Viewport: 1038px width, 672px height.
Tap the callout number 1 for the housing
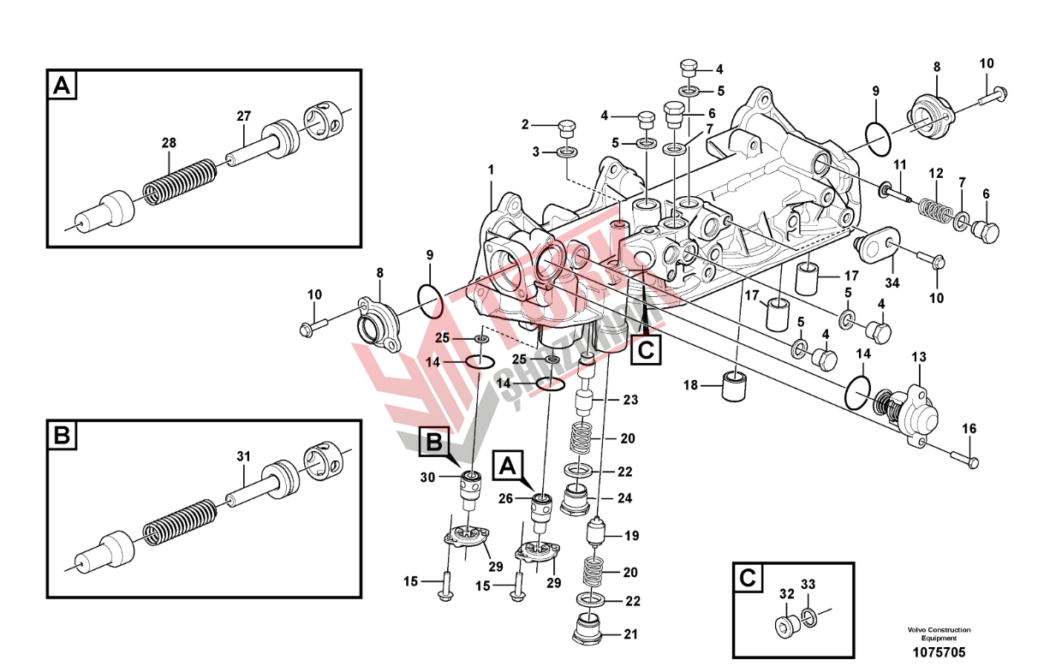492,169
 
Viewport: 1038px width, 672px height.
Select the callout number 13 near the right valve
919,356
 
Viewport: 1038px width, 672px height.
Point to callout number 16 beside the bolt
969,429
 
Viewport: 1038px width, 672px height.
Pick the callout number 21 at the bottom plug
632,634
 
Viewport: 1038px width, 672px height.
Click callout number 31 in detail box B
242,457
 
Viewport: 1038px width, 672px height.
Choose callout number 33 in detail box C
808,586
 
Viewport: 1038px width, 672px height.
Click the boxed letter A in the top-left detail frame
63,86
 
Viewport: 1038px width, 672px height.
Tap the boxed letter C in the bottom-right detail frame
749,579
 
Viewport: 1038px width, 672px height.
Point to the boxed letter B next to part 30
435,442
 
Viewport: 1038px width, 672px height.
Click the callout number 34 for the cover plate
892,283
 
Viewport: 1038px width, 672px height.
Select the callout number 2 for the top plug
526,125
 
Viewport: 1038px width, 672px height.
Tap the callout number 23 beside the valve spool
630,400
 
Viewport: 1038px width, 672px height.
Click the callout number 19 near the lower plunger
632,537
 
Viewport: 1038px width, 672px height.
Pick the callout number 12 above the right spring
936,171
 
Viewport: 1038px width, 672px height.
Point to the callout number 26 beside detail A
505,498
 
